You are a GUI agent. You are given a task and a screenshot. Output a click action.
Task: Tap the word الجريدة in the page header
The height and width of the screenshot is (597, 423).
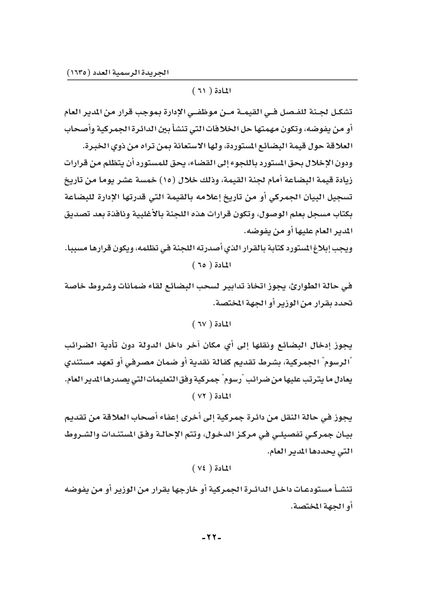(x=156, y=72)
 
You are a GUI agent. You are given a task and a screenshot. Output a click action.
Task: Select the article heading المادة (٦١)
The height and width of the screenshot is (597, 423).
(x=211, y=91)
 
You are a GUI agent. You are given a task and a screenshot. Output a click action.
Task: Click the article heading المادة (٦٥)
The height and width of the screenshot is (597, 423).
(x=211, y=265)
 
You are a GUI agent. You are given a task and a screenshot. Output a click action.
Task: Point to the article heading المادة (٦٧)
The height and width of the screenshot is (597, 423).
(x=211, y=324)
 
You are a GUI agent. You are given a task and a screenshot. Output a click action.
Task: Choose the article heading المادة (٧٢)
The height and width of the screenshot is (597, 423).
(x=211, y=397)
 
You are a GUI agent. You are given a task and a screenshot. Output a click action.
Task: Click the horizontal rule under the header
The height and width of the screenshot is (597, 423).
(x=212, y=80)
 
